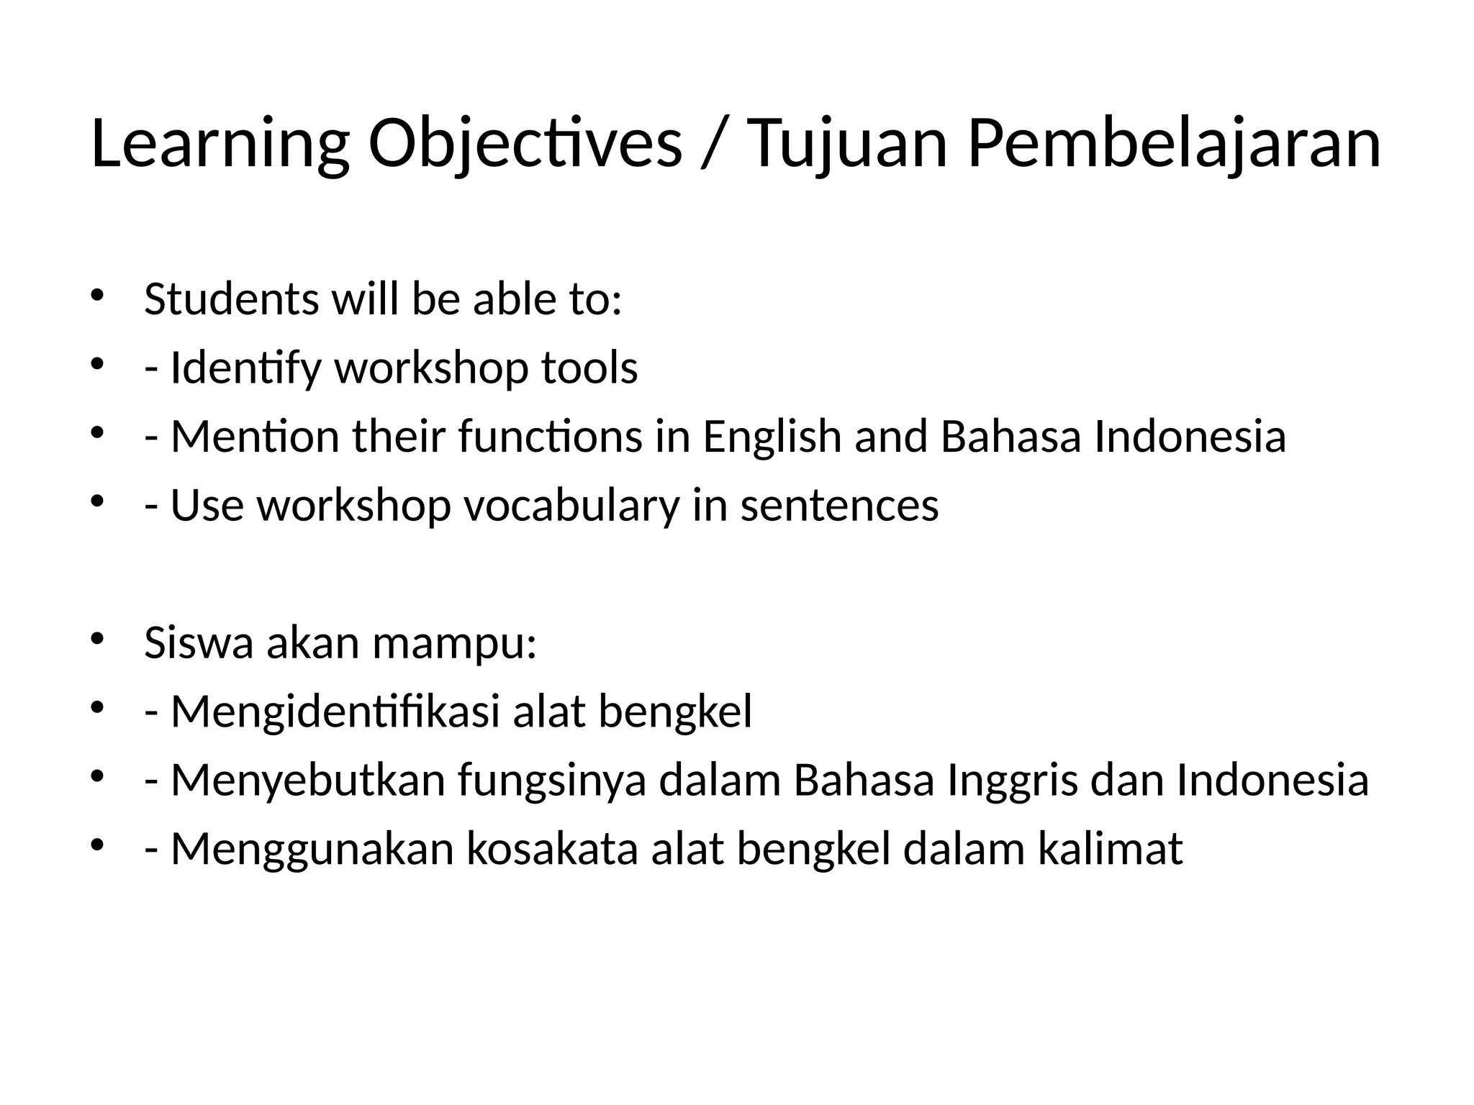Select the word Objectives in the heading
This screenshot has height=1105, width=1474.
[525, 144]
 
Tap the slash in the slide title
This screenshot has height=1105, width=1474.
[715, 144]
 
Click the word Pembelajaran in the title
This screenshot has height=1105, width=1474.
[1174, 144]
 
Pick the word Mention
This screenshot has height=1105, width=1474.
[254, 437]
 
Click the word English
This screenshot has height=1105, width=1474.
[772, 437]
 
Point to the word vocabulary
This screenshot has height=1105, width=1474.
[571, 505]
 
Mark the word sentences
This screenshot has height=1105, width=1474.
[839, 505]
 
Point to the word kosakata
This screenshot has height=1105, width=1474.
[552, 849]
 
